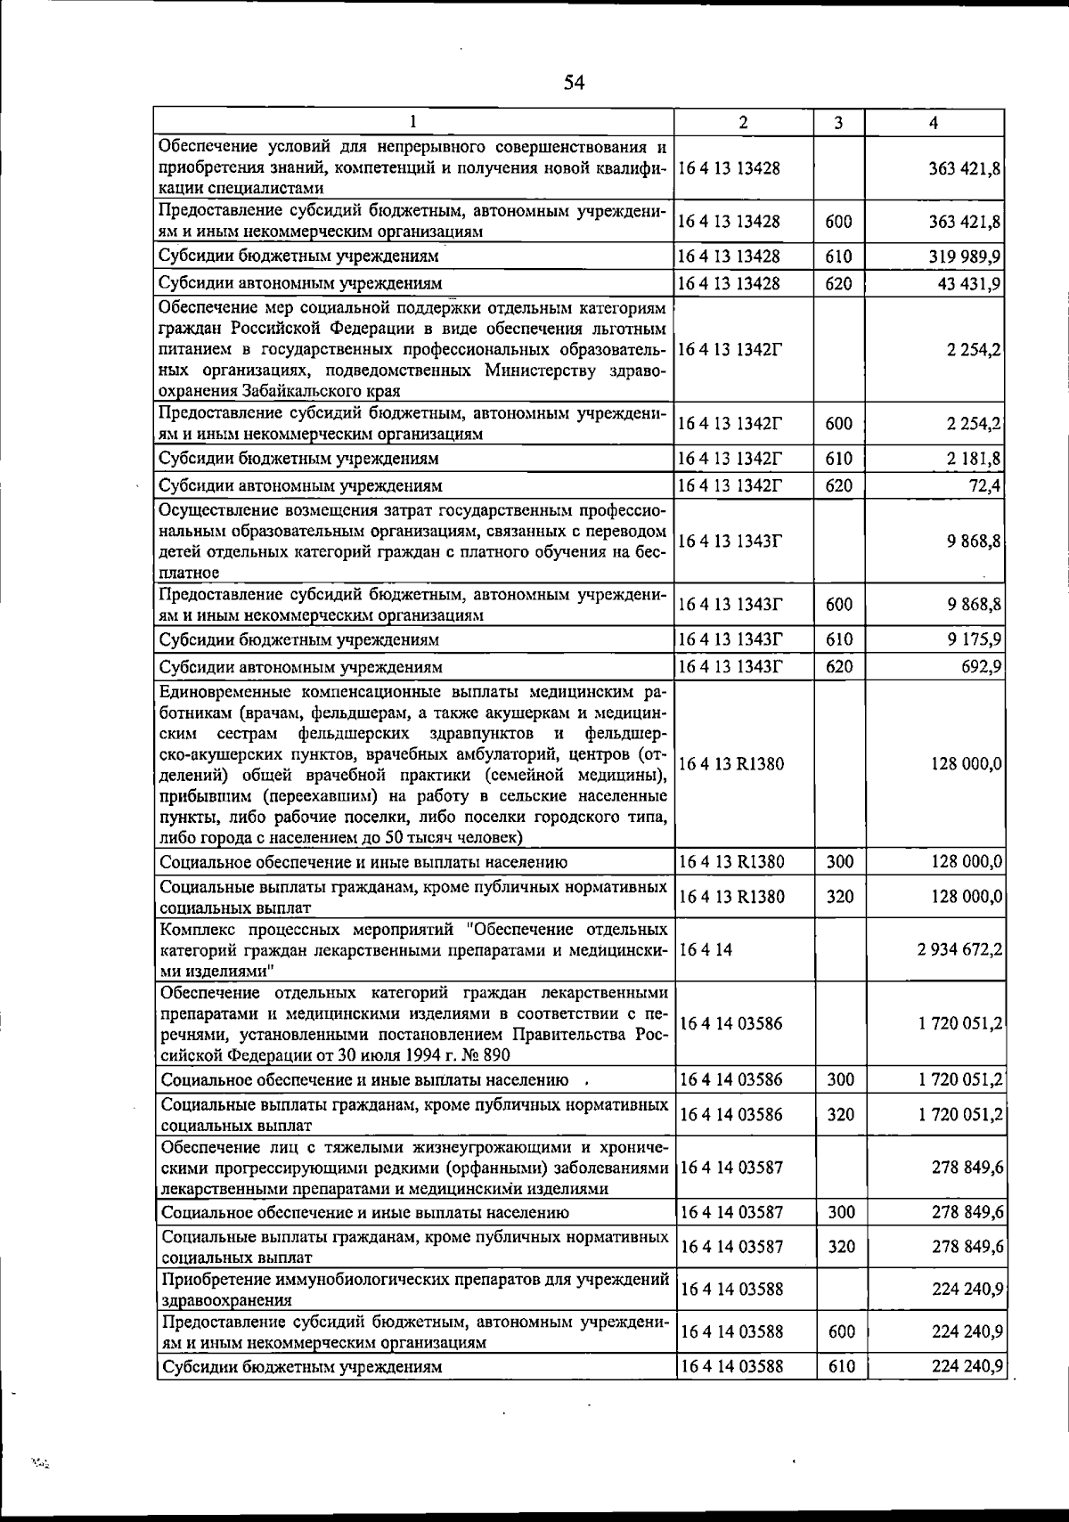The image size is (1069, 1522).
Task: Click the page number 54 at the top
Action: (x=574, y=83)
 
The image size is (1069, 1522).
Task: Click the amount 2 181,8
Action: (x=975, y=459)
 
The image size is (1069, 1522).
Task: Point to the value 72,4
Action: (x=986, y=485)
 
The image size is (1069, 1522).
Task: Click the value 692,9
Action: (x=982, y=667)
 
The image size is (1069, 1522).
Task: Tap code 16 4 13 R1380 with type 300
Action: (x=731, y=861)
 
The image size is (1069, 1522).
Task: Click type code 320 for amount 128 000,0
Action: (x=839, y=897)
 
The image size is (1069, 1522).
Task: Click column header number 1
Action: (x=413, y=123)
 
